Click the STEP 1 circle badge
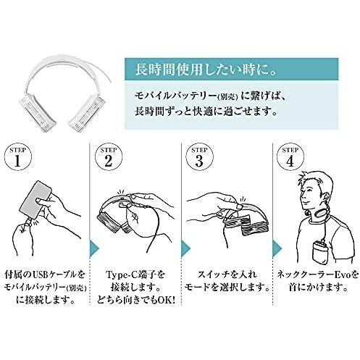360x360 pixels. tap(18, 157)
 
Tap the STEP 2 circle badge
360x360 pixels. tap(109, 157)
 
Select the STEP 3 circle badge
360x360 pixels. tap(199, 157)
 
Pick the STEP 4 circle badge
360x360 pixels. tap(290, 157)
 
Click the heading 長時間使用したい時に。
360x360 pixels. tap(206, 70)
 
